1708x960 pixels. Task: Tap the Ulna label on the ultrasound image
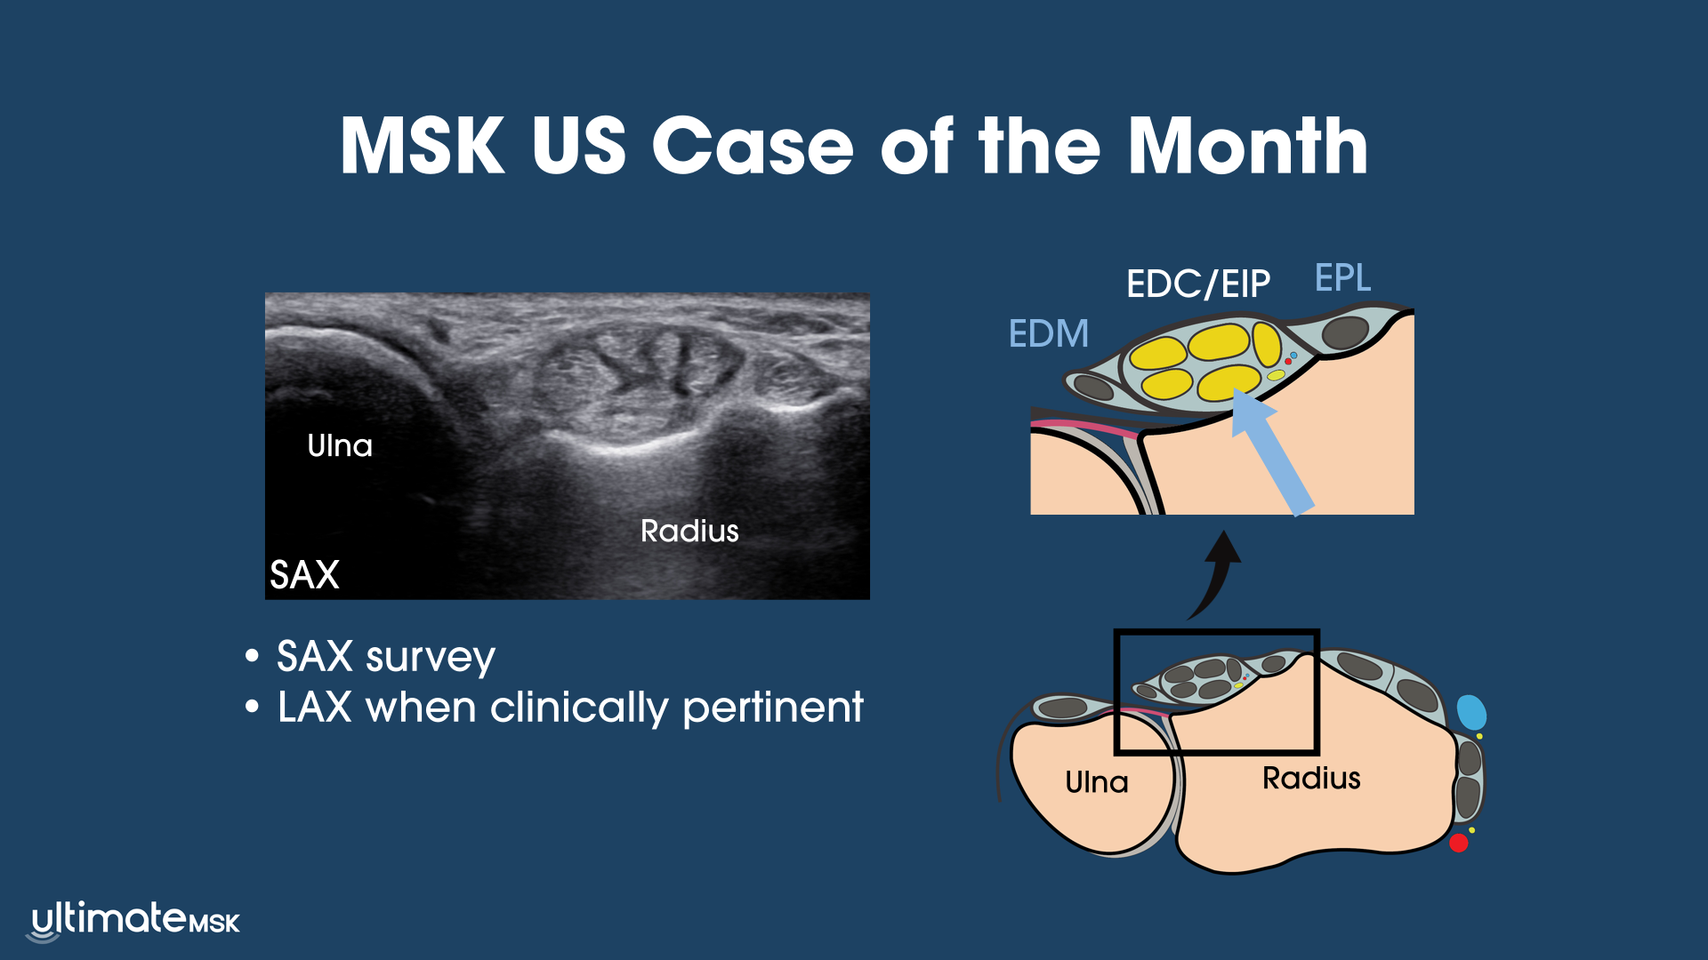tap(340, 445)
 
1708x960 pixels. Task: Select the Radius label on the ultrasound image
tap(689, 531)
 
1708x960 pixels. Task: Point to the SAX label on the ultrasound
tap(304, 574)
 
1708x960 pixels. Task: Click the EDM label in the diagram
tap(1049, 333)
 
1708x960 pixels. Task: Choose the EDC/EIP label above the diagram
tap(1198, 284)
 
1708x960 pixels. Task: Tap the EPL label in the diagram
tap(1343, 277)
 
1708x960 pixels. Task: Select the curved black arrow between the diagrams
tap(1219, 576)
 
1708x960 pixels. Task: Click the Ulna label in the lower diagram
tap(1097, 782)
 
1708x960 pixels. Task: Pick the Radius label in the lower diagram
tap(1311, 778)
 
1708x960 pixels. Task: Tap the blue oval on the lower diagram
tap(1471, 713)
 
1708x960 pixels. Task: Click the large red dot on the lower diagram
tap(1459, 843)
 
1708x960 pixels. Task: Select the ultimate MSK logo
tap(134, 921)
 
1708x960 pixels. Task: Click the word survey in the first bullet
tap(431, 658)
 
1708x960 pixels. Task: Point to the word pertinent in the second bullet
tap(773, 708)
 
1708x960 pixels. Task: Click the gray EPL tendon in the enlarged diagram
tap(1345, 332)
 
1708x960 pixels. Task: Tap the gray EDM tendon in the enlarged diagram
tap(1093, 387)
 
